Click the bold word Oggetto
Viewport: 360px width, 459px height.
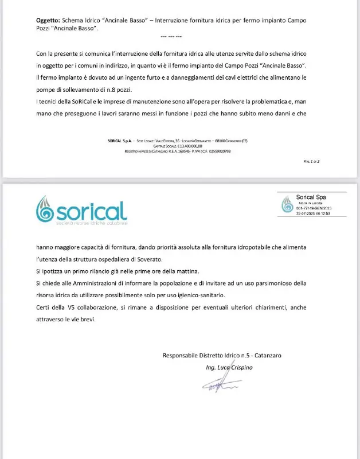coord(48,20)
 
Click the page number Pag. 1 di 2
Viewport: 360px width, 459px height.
coord(311,162)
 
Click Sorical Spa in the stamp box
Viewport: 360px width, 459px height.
coord(311,197)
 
